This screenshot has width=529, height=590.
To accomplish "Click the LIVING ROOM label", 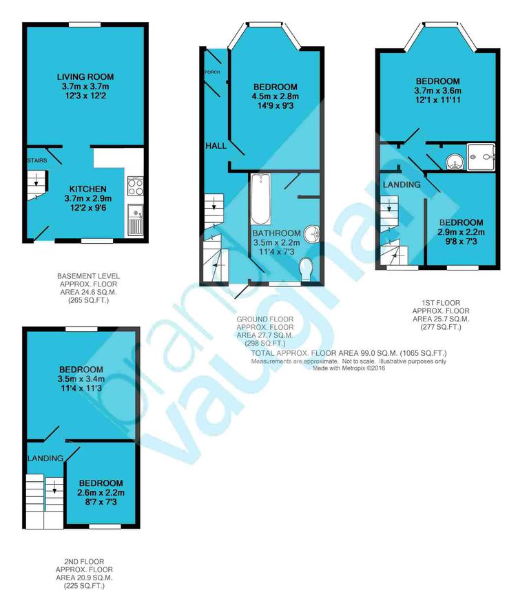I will pos(85,76).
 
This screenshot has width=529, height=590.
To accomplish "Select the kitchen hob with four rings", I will pos(134,186).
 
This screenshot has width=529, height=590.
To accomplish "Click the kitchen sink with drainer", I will pos(135,220).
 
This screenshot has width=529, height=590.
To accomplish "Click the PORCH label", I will pos(211,72).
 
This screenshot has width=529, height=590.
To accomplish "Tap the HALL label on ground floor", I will pos(216,147).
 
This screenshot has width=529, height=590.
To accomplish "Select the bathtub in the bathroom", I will pos(260,197).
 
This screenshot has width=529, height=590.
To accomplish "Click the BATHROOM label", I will pos(276,233).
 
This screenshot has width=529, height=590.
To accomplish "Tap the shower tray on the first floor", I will pos(481,156).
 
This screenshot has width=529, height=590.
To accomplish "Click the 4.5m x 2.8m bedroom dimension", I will pos(276,96).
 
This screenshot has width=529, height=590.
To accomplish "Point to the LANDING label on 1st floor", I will pos(402,185).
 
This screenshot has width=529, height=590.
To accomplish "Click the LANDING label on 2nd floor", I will pos(45,458).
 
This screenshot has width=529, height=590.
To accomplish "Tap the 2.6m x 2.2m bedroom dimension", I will pos(101,494).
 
